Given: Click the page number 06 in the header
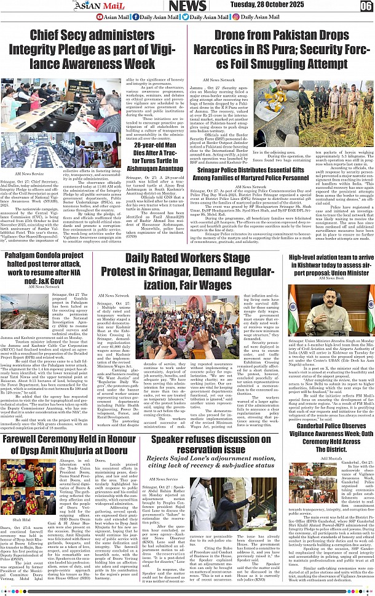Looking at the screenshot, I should coord(366,6).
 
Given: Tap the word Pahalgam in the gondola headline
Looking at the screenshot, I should coord(25,256).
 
